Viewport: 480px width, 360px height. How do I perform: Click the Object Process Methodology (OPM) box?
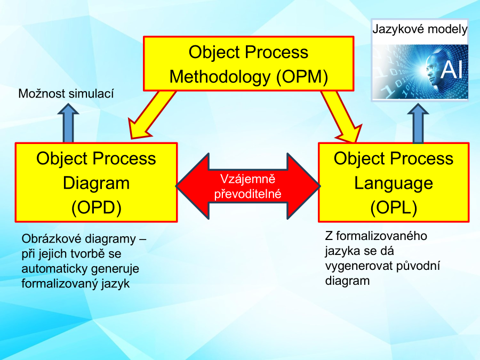click(x=249, y=63)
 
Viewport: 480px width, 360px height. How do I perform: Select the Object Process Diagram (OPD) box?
click(x=96, y=182)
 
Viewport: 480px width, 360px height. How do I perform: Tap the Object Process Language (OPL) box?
click(x=394, y=182)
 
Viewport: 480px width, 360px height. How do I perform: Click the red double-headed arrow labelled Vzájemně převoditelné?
click(x=248, y=186)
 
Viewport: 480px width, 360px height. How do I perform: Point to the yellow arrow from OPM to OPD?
click(x=151, y=115)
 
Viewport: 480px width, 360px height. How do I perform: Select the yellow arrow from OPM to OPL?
click(x=341, y=116)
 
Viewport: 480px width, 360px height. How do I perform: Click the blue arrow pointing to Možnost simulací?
click(x=68, y=123)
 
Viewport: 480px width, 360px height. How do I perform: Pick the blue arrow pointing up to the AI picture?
click(x=418, y=123)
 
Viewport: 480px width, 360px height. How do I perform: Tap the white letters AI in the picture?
click(x=452, y=69)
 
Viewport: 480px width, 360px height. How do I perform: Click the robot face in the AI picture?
click(x=432, y=69)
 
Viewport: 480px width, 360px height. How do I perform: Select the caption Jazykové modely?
click(x=420, y=29)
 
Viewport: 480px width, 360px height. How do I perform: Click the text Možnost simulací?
click(x=66, y=94)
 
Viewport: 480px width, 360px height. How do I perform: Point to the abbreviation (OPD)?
click(x=97, y=207)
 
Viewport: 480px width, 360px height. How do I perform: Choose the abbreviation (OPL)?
click(x=394, y=207)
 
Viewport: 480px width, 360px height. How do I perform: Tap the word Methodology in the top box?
click(x=220, y=77)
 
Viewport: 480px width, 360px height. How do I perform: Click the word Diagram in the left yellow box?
click(x=96, y=183)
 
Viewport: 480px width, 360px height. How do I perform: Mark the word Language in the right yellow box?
click(x=394, y=183)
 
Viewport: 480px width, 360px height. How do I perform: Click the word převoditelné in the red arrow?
click(x=247, y=194)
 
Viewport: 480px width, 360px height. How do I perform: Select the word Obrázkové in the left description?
click(x=48, y=239)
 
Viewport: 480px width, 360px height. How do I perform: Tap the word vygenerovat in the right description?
click(x=358, y=266)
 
